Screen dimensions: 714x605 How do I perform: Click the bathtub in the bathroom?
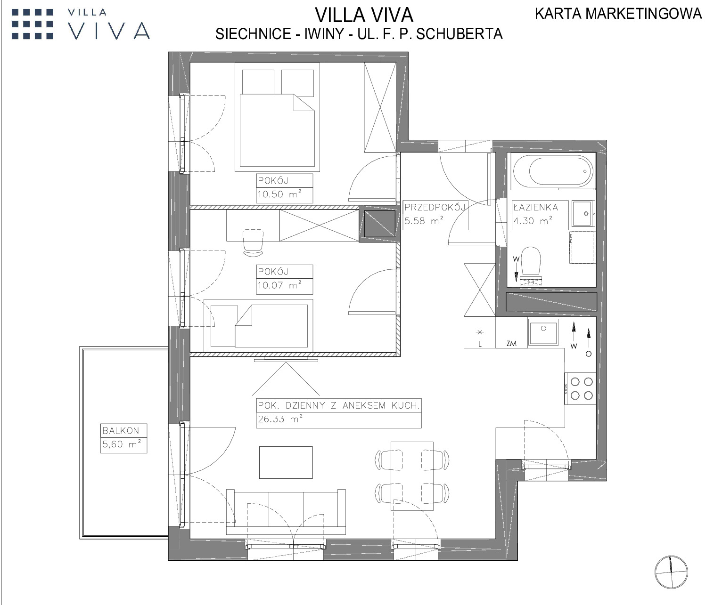coord(553,171)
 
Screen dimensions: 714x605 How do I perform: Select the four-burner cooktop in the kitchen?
coord(580,388)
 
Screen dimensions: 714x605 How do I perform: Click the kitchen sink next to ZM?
coord(543,332)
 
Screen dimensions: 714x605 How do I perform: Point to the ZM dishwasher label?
coord(511,343)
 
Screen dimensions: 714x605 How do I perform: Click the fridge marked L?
coord(480,332)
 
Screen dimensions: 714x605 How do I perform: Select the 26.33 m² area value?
coord(280,419)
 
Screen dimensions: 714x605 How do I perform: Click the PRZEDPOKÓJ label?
coord(435,207)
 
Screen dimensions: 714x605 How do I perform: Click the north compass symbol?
coord(671,572)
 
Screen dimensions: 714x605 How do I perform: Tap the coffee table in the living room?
coord(286,462)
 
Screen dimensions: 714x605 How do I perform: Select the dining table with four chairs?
coord(412,476)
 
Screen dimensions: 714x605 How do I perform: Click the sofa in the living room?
coord(286,512)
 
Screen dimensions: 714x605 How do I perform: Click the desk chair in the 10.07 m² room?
coord(253,242)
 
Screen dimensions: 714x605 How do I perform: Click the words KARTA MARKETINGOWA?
coord(618,14)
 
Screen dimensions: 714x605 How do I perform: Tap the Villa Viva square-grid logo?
coord(33,24)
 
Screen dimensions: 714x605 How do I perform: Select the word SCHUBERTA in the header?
coord(460,34)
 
